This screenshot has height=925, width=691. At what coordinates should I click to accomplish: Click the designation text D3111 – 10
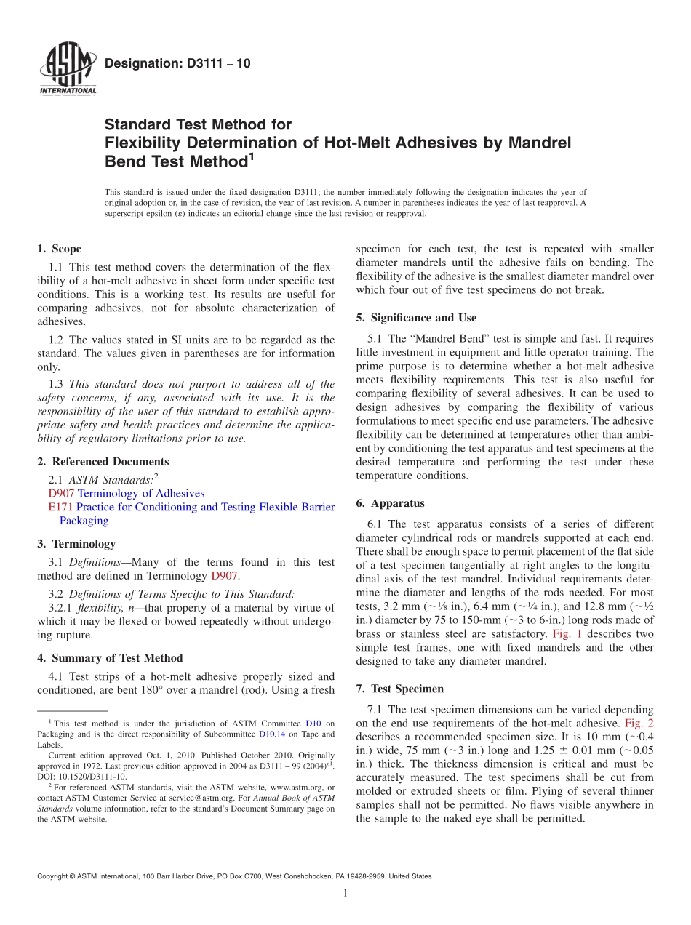(x=177, y=63)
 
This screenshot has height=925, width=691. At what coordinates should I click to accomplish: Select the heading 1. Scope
(x=59, y=249)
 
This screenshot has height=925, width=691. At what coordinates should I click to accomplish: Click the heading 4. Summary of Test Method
(x=110, y=658)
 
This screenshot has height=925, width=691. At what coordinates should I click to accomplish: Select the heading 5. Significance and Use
(x=416, y=318)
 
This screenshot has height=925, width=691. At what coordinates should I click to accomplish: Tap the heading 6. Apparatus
(x=390, y=503)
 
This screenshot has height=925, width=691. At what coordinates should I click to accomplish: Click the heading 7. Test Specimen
(x=399, y=689)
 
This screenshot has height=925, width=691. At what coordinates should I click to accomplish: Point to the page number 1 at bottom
(x=345, y=893)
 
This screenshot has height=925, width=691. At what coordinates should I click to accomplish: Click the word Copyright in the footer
(x=53, y=876)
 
